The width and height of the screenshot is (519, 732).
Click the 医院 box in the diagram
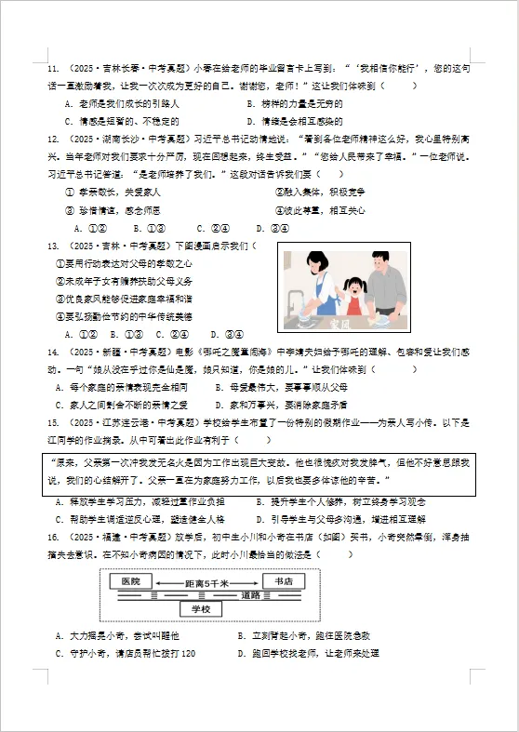tap(130, 581)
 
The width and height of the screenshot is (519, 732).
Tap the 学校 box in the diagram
tap(201, 608)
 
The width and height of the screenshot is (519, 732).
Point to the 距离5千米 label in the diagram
tap(201, 582)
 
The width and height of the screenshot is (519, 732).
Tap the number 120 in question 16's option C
tap(188, 653)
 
